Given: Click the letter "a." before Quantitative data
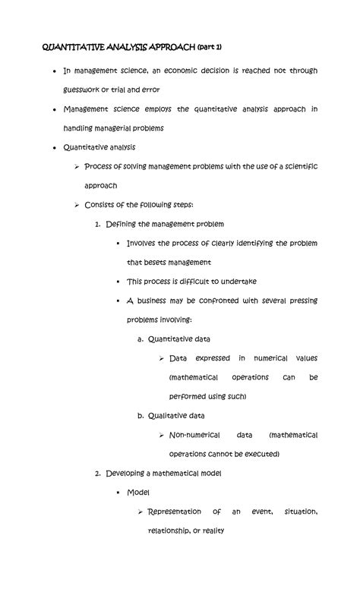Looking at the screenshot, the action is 141,339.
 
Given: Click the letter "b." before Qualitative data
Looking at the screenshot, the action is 141,415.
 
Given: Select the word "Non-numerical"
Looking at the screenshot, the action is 194,435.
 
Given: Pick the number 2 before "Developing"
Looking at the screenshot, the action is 97,473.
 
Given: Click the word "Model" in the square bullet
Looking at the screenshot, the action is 138,492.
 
